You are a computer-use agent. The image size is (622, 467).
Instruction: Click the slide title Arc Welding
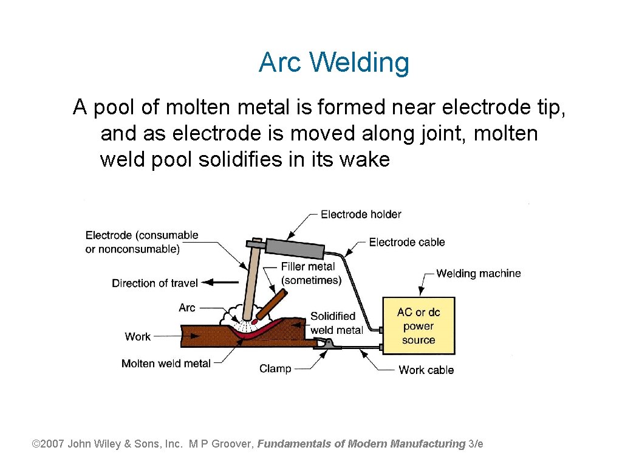(333, 63)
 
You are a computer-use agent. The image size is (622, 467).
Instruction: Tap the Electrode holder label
(361, 214)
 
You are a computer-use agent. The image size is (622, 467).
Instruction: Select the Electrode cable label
(407, 242)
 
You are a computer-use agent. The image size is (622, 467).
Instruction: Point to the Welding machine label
(478, 273)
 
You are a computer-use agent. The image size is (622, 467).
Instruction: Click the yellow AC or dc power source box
(418, 326)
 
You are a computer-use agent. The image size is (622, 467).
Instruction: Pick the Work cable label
(426, 370)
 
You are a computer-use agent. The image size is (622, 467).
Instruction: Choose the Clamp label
(275, 368)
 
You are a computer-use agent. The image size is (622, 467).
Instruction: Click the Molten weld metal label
(166, 364)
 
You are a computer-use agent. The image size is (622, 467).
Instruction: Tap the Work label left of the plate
(137, 336)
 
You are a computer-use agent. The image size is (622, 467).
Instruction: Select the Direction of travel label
(155, 283)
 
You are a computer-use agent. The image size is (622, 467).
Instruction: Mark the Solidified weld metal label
(337, 323)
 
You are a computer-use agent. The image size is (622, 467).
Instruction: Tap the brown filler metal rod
(271, 303)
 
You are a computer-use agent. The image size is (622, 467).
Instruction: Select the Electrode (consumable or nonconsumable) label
(142, 242)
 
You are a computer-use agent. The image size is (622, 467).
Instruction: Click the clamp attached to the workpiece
(327, 344)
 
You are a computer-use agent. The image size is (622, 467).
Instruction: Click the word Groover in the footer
(232, 444)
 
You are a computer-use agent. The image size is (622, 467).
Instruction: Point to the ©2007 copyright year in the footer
(48, 444)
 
